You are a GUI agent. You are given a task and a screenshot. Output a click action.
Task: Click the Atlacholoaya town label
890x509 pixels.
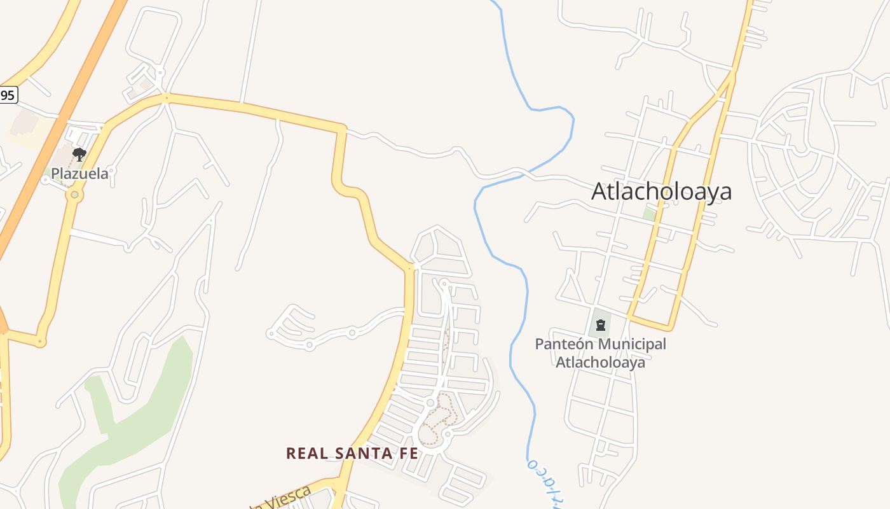pyautogui.click(x=661, y=191)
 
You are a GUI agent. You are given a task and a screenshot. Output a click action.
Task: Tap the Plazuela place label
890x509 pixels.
pyautogui.click(x=79, y=173)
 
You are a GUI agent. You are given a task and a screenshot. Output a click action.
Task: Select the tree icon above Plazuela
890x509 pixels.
pyautogui.click(x=79, y=154)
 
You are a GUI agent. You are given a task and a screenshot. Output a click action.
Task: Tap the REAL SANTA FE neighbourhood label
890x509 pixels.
pyautogui.click(x=352, y=453)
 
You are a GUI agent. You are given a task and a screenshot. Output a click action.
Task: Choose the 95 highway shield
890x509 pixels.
pyautogui.click(x=8, y=95)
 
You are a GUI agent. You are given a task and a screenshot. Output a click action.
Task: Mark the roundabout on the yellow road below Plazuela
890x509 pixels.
pyautogui.click(x=74, y=195)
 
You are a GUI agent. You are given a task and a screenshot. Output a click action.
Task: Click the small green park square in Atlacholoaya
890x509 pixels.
pyautogui.click(x=649, y=213)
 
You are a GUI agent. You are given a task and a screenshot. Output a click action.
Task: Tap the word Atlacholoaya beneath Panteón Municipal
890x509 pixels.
pyautogui.click(x=601, y=362)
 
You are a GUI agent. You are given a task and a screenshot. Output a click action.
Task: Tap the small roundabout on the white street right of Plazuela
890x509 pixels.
pyautogui.click(x=111, y=171)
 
